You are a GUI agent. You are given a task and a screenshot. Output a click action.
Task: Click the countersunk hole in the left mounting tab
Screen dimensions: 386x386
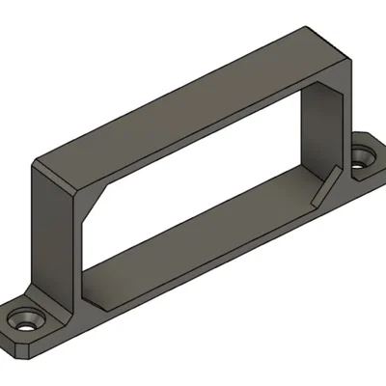pyautogui.click(x=23, y=319)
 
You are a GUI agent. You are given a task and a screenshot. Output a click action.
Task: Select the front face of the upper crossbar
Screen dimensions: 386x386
pyautogui.click(x=183, y=135)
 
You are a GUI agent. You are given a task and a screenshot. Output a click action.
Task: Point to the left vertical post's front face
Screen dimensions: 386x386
pyautogui.click(x=58, y=241)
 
